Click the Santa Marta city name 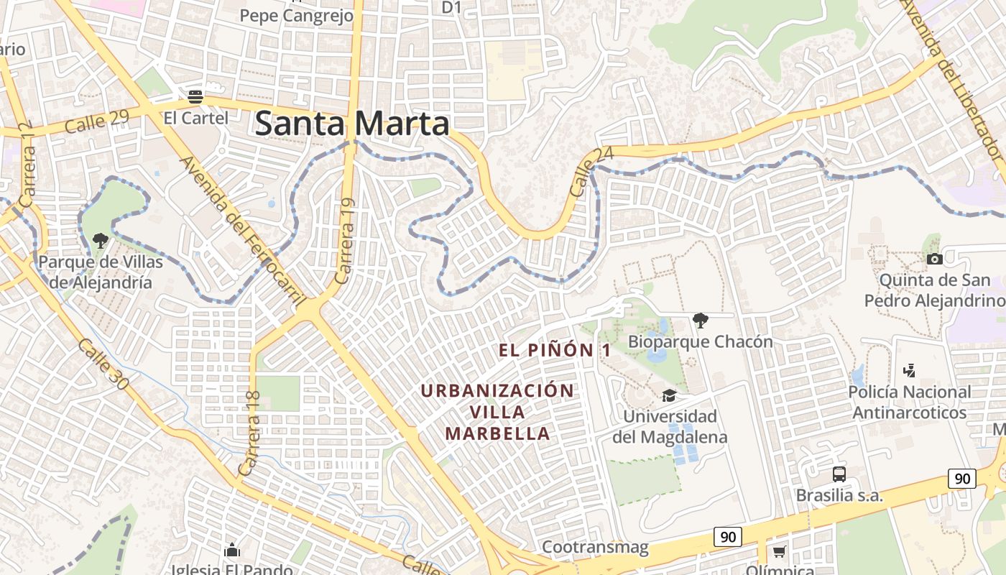[x=352, y=124]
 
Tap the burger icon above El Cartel [x=195, y=96]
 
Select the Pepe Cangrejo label [x=296, y=16]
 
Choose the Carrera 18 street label [x=251, y=432]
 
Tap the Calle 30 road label [x=103, y=365]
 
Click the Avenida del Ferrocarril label [x=242, y=229]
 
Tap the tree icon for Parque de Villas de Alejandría [x=100, y=241]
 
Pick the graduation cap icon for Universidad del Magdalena [x=669, y=395]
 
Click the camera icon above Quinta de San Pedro [x=934, y=259]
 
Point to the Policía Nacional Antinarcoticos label [x=909, y=402]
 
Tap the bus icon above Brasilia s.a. [x=839, y=474]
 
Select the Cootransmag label [x=595, y=547]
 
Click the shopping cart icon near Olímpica [x=779, y=552]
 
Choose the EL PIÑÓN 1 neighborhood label [x=555, y=350]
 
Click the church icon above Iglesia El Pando [x=231, y=551]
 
